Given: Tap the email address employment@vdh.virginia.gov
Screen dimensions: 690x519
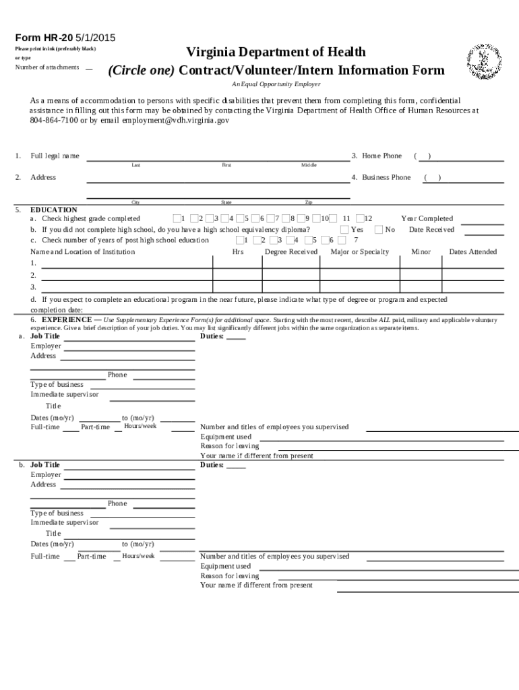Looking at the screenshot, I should point(175,120).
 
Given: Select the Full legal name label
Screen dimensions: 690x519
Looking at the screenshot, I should point(55,156).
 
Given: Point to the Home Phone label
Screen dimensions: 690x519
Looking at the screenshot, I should point(381,156).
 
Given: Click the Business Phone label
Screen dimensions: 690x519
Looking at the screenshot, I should point(386,177).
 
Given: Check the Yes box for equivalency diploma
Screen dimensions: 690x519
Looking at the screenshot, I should point(345,229).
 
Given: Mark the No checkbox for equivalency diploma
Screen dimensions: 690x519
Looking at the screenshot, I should point(379,229).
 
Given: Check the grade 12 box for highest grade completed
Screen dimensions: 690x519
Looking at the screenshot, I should point(360,218).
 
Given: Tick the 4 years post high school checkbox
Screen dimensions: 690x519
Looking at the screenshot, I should point(290,240).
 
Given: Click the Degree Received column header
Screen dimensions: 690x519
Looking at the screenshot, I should point(291,252).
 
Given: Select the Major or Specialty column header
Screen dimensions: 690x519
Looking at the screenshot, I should point(360,252).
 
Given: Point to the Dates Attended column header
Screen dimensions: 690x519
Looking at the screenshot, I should point(472,252).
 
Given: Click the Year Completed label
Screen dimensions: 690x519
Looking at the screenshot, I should point(427,218).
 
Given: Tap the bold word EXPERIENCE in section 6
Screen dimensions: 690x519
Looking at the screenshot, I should point(67,319).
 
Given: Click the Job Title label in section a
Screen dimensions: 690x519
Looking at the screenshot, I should point(45,336).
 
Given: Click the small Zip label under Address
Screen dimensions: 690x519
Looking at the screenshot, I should point(309,202).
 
